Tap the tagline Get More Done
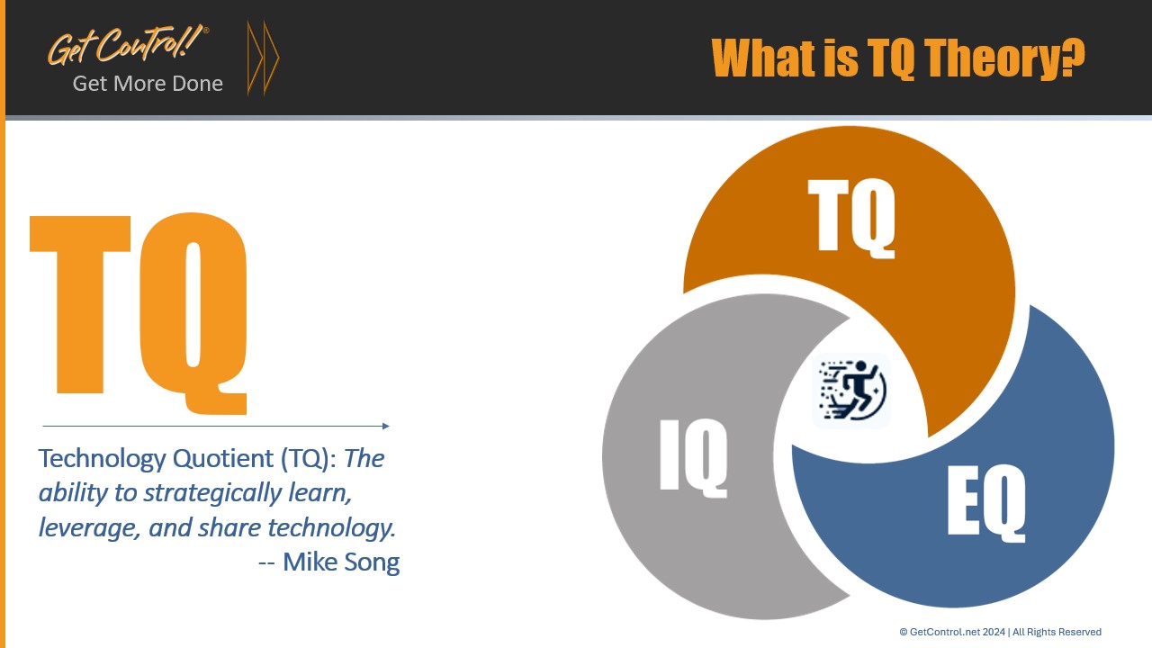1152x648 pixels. click(x=148, y=84)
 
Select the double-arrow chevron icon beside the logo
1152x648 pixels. click(x=263, y=58)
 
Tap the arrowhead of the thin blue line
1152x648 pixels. click(x=386, y=426)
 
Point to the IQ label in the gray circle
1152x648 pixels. click(x=693, y=455)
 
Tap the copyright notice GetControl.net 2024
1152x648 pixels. click(x=1000, y=632)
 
